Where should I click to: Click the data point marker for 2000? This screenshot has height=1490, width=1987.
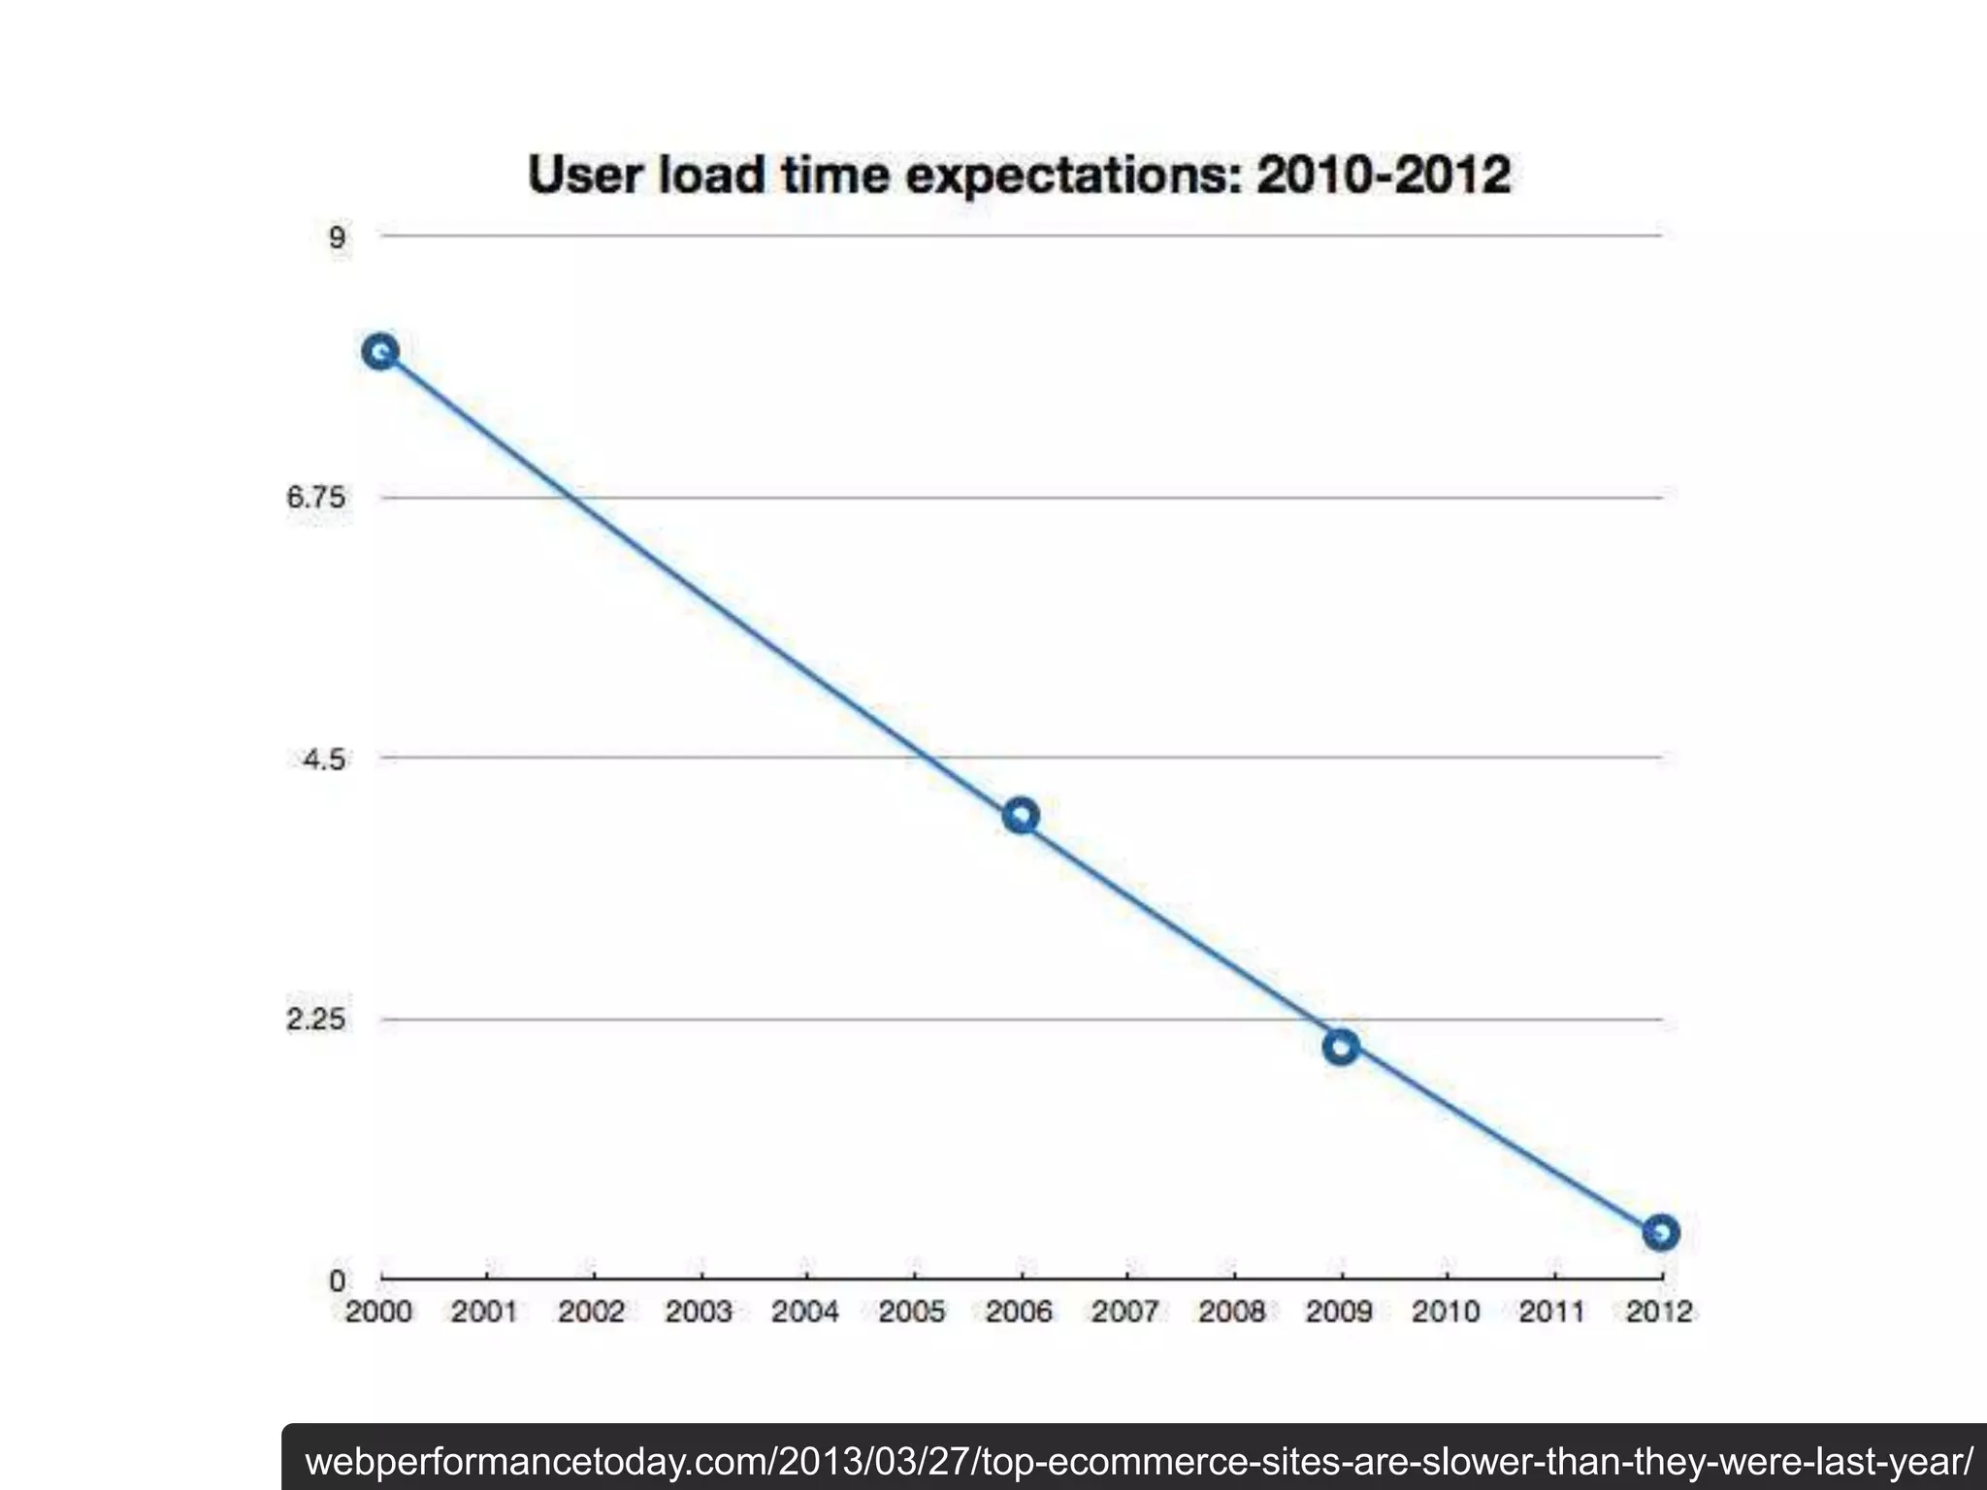(x=380, y=351)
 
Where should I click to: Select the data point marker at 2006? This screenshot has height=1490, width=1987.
(x=1021, y=816)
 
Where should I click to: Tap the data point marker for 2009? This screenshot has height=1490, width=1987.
(x=1341, y=1047)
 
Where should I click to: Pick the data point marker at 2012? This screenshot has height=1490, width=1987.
(x=1661, y=1233)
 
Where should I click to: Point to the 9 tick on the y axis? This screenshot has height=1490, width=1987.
(x=337, y=238)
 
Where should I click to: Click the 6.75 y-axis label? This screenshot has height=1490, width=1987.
(x=315, y=498)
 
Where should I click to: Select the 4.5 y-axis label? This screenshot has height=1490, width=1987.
(x=323, y=759)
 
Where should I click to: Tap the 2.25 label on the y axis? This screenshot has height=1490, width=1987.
(x=315, y=1020)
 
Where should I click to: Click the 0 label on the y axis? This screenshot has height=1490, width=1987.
(x=337, y=1280)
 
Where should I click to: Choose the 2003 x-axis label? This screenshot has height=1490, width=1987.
(x=699, y=1312)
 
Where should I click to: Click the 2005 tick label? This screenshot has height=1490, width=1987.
(x=912, y=1312)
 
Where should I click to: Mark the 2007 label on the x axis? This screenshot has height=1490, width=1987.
(x=1125, y=1312)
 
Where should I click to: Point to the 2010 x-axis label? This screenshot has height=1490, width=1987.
(x=1446, y=1312)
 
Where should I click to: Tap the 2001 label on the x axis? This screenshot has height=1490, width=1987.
(x=485, y=1312)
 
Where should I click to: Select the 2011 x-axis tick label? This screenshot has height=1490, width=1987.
(x=1552, y=1312)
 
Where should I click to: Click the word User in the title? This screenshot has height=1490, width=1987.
(x=585, y=176)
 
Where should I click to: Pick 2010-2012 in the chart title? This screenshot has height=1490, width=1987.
(x=1384, y=176)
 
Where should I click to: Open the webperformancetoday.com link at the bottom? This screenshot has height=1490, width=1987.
(x=1139, y=1461)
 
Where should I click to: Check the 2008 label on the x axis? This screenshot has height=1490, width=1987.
(x=1232, y=1312)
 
